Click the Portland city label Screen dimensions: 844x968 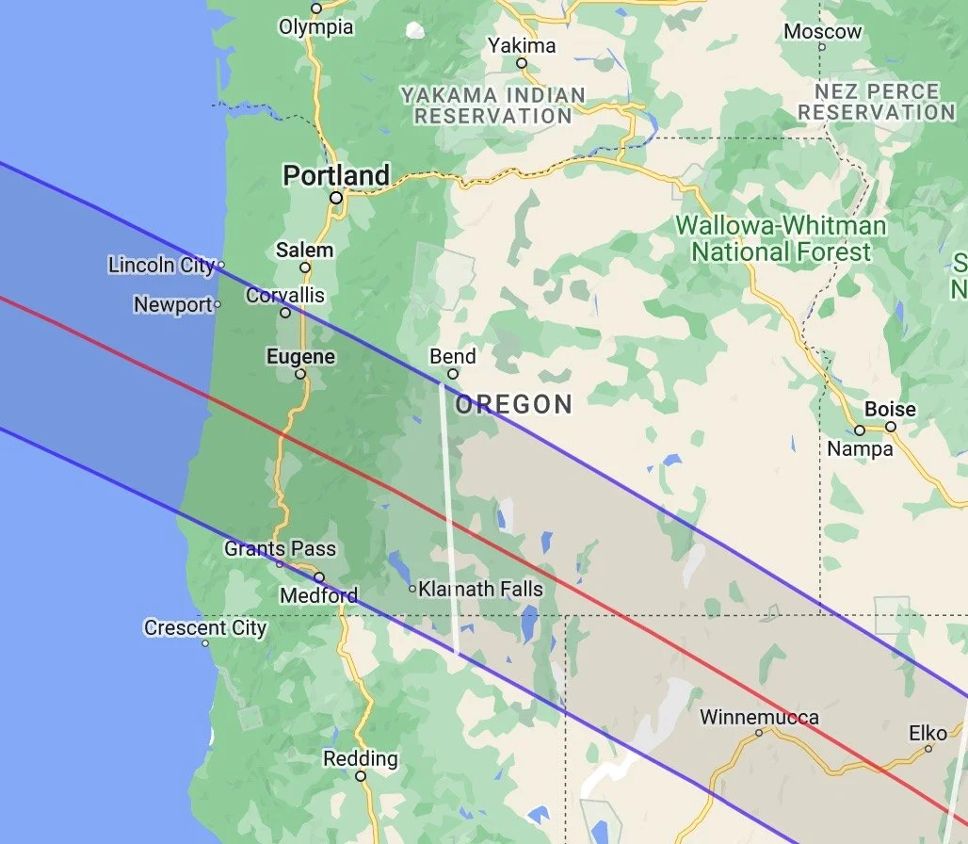coord(336,175)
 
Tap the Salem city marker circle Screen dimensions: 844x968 coord(305,268)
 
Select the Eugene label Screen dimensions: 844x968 coord(300,357)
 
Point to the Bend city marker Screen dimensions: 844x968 coord(453,374)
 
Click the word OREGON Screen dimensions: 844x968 coord(514,405)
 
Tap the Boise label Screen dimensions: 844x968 coord(890,409)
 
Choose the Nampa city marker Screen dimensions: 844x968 coord(860,430)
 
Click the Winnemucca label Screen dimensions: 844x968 coord(759,717)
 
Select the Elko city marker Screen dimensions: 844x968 coord(928,749)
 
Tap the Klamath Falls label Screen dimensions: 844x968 coord(480,590)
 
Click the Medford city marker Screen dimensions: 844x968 coord(319,577)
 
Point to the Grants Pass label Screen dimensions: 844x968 coord(280,548)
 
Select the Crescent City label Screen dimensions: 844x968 coord(205,627)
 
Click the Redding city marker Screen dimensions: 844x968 coord(360,777)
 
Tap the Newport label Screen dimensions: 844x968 coord(173,304)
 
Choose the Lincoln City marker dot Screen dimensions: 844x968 coord(221,266)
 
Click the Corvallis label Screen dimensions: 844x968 coord(284,296)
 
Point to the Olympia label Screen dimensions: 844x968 coord(316,27)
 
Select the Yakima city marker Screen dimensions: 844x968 coord(522,63)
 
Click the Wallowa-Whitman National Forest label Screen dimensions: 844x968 coord(782,238)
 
